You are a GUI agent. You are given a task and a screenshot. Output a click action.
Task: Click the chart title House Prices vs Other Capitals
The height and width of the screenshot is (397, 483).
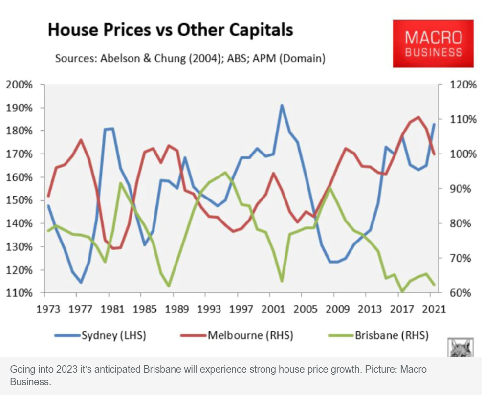click(x=170, y=30)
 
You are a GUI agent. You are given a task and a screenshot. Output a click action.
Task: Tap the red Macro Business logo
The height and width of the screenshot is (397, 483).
click(x=433, y=44)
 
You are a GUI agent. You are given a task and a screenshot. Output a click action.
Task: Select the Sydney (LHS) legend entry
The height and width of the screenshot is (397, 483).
click(x=101, y=335)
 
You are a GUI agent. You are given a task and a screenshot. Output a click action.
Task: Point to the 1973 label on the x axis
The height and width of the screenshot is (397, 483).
click(x=48, y=309)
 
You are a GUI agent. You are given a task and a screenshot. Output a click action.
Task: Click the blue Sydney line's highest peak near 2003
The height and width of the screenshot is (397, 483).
click(x=282, y=105)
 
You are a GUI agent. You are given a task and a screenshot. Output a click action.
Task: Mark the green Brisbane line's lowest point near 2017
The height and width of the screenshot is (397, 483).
click(x=402, y=292)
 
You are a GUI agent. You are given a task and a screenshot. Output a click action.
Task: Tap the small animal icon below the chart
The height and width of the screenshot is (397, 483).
click(x=461, y=347)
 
